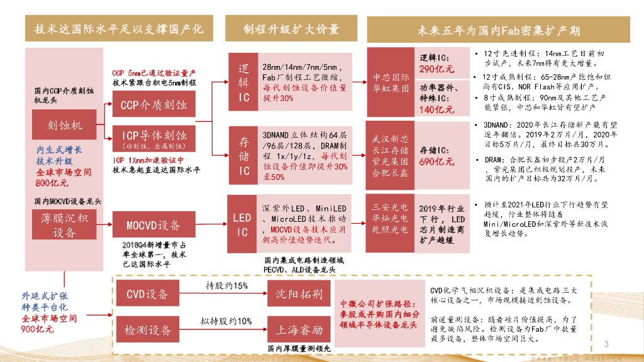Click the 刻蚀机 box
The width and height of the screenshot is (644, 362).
point(65,125)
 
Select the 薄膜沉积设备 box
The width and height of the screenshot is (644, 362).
point(64,225)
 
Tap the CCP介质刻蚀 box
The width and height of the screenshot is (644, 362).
point(154,104)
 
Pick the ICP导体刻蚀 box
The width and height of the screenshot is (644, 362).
point(154,139)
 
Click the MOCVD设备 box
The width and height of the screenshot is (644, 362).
point(153,225)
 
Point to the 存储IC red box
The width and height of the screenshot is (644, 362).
point(243,155)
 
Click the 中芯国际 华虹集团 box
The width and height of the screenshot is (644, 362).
point(390,83)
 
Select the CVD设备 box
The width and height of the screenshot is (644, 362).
point(147,293)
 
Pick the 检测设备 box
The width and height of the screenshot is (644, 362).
point(147,329)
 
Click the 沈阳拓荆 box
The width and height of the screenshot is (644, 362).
point(299,293)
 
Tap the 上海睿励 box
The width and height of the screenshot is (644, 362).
point(299,329)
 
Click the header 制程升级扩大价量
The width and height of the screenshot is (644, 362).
point(291,29)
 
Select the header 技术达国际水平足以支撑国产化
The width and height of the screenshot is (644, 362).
point(119,29)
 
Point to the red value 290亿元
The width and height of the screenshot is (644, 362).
point(436,69)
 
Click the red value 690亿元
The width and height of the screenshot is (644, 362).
point(436,162)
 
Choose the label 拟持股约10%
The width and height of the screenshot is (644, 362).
point(227,321)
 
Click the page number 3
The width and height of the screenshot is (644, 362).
point(607,344)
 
